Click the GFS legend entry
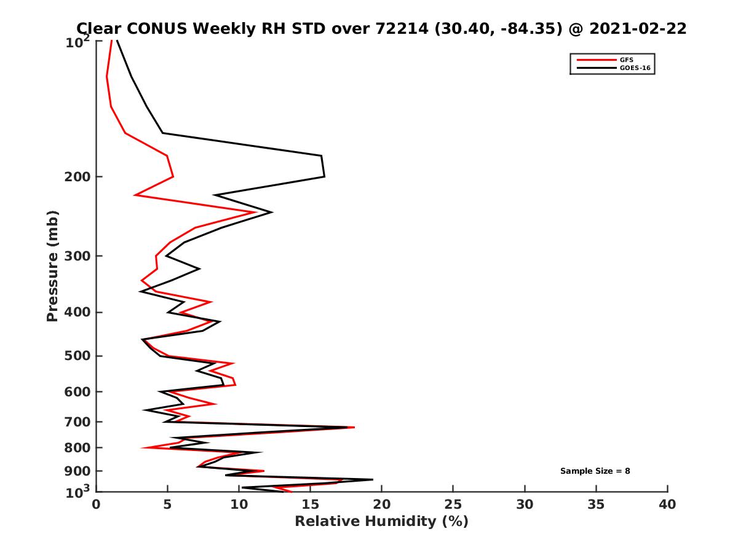click(x=625, y=60)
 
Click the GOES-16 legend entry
click(x=633, y=68)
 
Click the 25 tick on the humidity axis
click(x=453, y=504)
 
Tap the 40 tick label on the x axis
click(x=667, y=504)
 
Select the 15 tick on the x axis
click(x=311, y=504)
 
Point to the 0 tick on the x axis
click(x=97, y=504)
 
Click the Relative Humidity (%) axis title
click(x=381, y=522)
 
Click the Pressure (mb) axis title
click(x=52, y=266)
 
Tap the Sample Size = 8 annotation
click(x=595, y=471)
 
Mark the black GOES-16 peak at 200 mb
click(x=324, y=176)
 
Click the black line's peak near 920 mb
click(x=372, y=479)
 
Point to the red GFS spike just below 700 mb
click(x=354, y=427)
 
